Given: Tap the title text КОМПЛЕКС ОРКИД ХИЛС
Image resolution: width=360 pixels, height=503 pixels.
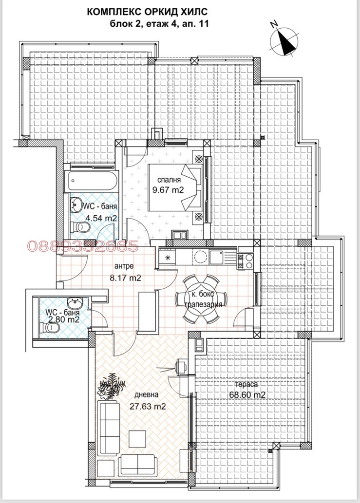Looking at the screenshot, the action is pyautogui.click(x=148, y=12).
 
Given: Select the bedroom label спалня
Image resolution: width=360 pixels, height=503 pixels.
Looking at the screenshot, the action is pyautogui.click(x=169, y=180).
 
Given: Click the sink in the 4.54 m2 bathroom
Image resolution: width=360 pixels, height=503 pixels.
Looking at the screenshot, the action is pyautogui.click(x=76, y=205).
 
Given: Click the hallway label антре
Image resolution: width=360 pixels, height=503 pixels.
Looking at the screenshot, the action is pyautogui.click(x=124, y=266).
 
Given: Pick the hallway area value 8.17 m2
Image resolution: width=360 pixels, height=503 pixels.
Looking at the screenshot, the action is pyautogui.click(x=125, y=278).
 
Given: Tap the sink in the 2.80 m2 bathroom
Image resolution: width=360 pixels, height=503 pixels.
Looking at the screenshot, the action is pyautogui.click(x=75, y=302).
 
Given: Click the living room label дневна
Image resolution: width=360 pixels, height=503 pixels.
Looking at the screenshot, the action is pyautogui.click(x=146, y=394).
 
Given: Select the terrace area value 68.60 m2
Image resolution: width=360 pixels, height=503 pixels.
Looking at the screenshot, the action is pyautogui.click(x=247, y=395).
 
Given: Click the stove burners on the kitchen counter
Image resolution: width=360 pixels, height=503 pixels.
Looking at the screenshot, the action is pyautogui.click(x=245, y=261).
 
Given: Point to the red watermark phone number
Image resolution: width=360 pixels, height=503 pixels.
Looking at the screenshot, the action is pyautogui.click(x=83, y=246).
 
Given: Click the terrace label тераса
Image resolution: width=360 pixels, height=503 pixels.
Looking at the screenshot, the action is pyautogui.click(x=246, y=384).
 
